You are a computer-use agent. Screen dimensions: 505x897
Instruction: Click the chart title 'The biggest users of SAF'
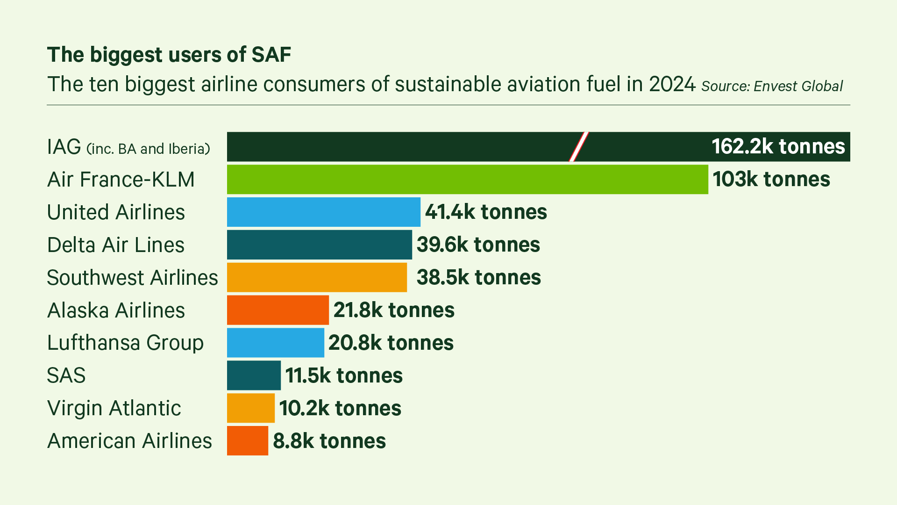[x=169, y=55]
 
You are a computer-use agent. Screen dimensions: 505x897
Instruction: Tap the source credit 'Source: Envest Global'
[x=772, y=87]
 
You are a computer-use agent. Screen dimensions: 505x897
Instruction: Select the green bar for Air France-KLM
[x=467, y=180]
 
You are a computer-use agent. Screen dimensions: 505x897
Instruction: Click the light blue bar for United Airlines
[x=323, y=212]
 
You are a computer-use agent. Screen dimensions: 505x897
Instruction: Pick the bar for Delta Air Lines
[x=320, y=245]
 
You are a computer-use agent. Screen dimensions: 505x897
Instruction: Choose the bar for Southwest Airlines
[x=317, y=277]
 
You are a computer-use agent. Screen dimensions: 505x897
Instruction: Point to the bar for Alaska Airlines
[x=278, y=310]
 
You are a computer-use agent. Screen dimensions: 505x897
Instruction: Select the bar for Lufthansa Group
[x=276, y=343]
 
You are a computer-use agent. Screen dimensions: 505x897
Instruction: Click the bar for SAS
[x=254, y=375]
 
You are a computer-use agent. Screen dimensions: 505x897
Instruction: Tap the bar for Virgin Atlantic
[x=251, y=408]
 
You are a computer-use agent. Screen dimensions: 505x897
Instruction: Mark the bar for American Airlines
[x=248, y=441]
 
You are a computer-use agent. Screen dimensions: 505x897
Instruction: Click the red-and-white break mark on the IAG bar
[x=579, y=147]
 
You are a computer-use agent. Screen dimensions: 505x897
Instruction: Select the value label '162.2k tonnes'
[x=778, y=147]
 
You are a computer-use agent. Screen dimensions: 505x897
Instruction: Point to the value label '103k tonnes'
[x=771, y=180]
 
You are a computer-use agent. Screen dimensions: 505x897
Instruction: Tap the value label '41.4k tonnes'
[x=486, y=212]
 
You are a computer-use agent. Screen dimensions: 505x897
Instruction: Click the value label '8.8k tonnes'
[x=329, y=441]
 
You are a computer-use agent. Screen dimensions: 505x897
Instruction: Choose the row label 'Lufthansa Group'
[x=125, y=343]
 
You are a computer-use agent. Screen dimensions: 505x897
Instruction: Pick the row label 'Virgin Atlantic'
[x=114, y=408]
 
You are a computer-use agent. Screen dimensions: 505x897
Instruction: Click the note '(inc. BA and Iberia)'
[x=149, y=149]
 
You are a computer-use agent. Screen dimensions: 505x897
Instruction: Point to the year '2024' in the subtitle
[x=672, y=85]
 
